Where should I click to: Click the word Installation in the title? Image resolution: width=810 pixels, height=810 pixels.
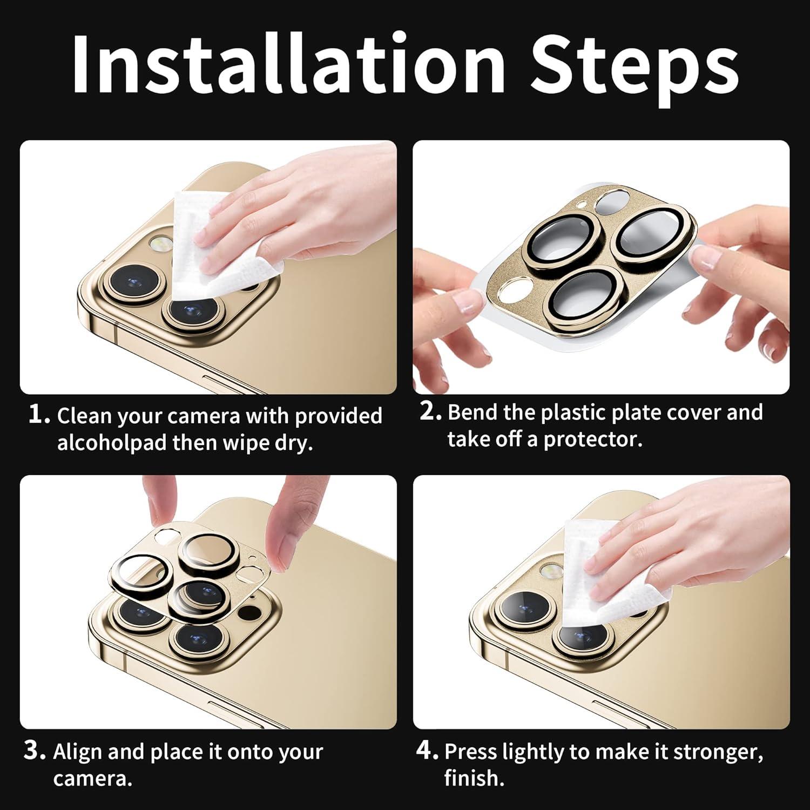point(288,64)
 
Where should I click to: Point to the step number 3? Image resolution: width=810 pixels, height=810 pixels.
point(35,751)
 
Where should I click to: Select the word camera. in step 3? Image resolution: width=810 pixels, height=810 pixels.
point(92,779)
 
